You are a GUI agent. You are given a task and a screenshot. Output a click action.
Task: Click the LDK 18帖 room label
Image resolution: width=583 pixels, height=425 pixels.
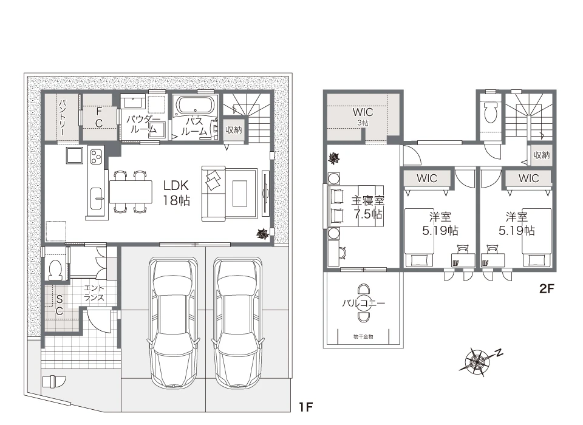(x=176, y=193)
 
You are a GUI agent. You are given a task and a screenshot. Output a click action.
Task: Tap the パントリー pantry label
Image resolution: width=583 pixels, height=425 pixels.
(x=63, y=117)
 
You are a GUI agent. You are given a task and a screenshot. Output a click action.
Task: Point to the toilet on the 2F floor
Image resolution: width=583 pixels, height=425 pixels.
(x=491, y=112)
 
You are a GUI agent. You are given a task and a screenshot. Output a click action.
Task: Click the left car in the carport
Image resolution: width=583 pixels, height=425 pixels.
(x=174, y=323)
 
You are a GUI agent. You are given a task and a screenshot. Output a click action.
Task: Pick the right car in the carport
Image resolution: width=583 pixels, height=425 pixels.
(x=238, y=323)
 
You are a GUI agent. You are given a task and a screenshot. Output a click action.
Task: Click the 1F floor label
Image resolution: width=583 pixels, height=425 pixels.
(x=305, y=407)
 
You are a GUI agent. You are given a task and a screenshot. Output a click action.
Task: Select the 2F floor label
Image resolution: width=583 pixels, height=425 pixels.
(x=547, y=288)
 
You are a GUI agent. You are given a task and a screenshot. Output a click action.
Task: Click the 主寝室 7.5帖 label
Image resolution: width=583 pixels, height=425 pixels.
(x=367, y=207)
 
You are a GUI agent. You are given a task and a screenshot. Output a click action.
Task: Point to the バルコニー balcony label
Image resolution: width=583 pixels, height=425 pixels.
(x=363, y=303)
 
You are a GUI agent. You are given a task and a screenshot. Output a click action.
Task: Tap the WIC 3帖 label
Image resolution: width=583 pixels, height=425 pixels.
(x=363, y=116)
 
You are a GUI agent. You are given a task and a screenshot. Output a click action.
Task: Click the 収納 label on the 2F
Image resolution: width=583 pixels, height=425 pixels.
(x=541, y=155)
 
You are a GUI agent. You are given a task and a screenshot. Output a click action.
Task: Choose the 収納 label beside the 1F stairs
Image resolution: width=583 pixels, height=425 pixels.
(x=233, y=130)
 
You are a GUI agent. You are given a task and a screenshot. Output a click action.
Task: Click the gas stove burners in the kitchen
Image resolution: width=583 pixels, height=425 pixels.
(x=96, y=156)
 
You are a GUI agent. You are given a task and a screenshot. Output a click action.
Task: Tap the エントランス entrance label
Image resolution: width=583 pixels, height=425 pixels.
(x=94, y=293)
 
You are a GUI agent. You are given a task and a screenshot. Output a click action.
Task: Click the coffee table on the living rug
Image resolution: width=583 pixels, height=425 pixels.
(x=240, y=193)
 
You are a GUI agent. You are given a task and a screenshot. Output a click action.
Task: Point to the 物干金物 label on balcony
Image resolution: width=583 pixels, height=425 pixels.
(x=363, y=336)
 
